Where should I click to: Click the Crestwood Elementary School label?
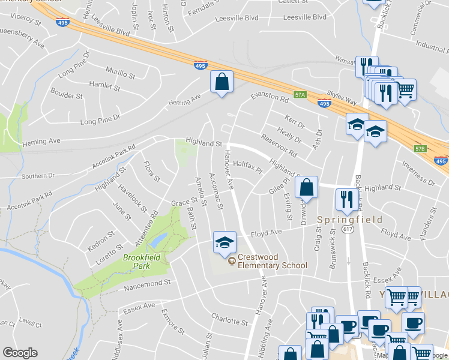pos(272,261)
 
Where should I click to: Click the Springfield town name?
pos(350,220)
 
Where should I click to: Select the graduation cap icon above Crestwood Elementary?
pos(224,242)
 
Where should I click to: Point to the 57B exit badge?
pos(420,149)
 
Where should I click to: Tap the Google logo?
pos(20,353)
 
